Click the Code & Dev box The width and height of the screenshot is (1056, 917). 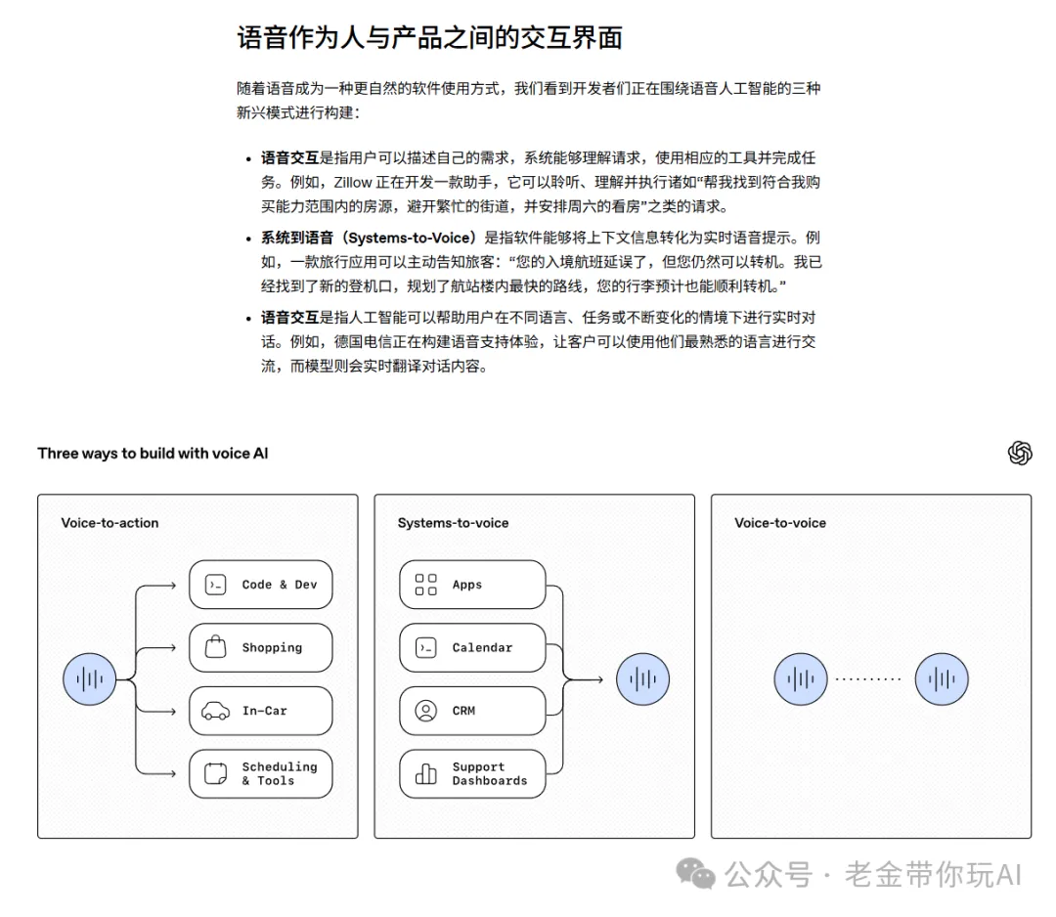pyautogui.click(x=261, y=585)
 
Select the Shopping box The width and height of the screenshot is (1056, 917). pyautogui.click(x=261, y=648)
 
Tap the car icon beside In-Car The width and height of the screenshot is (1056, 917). pyautogui.click(x=215, y=711)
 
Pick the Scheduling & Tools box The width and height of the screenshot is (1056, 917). pyautogui.click(x=261, y=773)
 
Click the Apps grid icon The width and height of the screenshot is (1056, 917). pyautogui.click(x=425, y=585)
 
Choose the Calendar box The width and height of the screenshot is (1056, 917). pyautogui.click(x=472, y=648)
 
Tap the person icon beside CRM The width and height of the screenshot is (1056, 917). pyautogui.click(x=425, y=711)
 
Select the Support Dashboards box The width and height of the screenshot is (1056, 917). pyautogui.click(x=472, y=773)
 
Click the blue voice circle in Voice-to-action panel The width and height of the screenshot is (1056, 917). pyautogui.click(x=90, y=679)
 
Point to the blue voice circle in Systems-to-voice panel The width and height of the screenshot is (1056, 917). pyautogui.click(x=642, y=679)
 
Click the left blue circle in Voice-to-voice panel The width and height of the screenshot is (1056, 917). pyautogui.click(x=801, y=679)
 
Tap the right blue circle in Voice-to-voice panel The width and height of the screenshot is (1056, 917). pyautogui.click(x=942, y=679)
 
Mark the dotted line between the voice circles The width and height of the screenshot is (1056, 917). pyautogui.click(x=868, y=679)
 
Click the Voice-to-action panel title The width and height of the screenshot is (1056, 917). pyautogui.click(x=110, y=523)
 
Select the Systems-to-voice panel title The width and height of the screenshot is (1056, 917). pyautogui.click(x=454, y=523)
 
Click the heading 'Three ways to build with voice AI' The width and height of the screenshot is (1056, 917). pyautogui.click(x=153, y=453)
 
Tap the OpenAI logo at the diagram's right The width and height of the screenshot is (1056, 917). pyautogui.click(x=1020, y=453)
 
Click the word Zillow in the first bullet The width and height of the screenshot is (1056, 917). pyautogui.click(x=353, y=183)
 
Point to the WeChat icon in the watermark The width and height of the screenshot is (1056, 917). pyautogui.click(x=696, y=874)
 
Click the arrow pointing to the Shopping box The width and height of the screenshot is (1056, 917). pyautogui.click(x=156, y=648)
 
